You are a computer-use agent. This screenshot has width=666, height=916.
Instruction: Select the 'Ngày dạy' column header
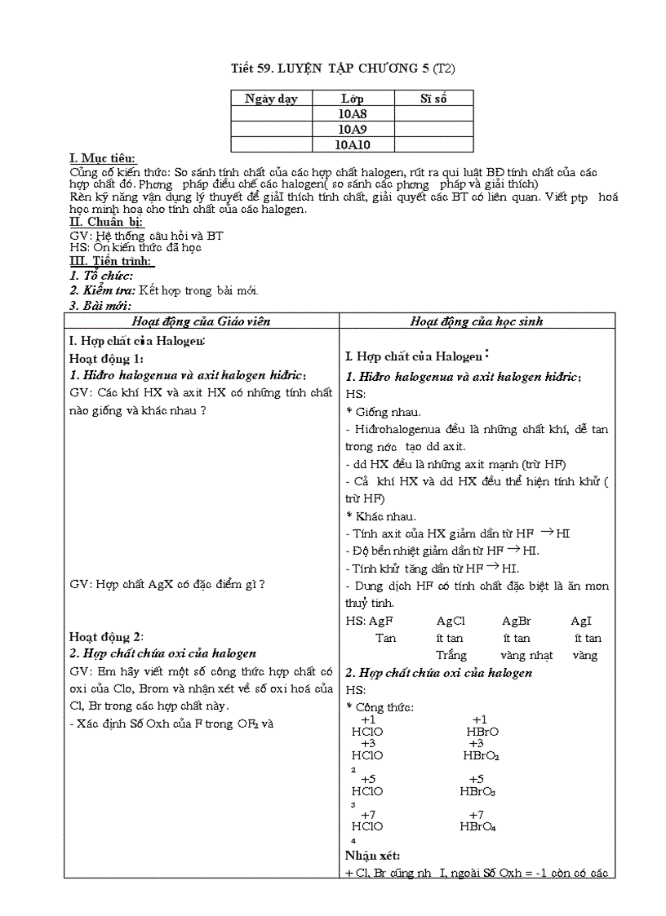pos(271,99)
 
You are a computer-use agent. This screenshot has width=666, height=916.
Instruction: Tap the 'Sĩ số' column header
pos(433,99)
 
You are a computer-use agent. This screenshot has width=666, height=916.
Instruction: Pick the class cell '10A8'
pos(353,114)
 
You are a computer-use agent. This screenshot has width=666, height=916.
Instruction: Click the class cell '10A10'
pos(353,144)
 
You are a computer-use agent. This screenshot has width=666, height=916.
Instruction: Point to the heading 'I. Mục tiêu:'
pos(103,158)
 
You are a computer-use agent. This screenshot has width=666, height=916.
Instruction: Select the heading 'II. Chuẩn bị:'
pos(106,222)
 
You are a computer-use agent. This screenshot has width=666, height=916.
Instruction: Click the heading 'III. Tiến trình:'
pos(112,261)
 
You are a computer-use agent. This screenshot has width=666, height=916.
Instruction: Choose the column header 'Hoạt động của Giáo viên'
pos(201,321)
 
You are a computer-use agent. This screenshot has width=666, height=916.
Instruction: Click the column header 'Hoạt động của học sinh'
pos(477,321)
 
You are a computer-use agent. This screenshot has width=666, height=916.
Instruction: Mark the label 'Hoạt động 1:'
pos(106,358)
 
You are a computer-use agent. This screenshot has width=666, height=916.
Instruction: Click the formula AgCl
pos(451,621)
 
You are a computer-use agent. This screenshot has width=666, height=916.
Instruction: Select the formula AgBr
pos(517,621)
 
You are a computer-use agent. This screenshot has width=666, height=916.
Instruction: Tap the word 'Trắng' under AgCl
pos(451,655)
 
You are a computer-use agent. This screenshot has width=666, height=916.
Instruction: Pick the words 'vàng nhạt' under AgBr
pos(526,655)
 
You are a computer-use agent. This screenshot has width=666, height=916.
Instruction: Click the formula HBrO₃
pos(478,791)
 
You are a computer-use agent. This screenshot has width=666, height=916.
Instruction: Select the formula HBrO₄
pos(478,826)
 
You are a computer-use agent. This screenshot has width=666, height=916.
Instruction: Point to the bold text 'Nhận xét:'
pos(372,856)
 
